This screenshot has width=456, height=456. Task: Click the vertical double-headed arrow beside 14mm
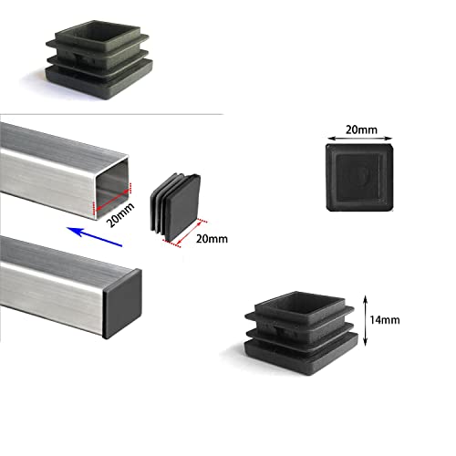366,319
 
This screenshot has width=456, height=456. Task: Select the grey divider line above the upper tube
109,115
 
